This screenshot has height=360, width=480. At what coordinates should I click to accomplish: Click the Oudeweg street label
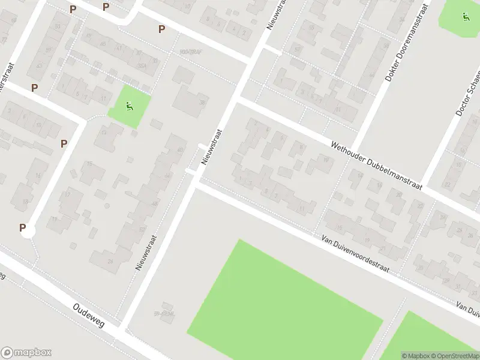(x=88, y=315)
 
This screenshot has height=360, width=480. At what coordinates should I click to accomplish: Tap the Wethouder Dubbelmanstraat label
(x=377, y=165)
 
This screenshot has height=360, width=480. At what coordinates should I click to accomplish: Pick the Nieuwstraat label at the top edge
(x=277, y=13)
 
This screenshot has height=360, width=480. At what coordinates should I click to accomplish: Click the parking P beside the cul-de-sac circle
(x=23, y=227)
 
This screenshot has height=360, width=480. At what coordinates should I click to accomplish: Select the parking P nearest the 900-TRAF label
(x=161, y=29)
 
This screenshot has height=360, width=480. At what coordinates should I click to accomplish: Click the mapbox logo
(x=26, y=353)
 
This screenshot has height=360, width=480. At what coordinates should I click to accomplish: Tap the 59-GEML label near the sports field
(x=164, y=314)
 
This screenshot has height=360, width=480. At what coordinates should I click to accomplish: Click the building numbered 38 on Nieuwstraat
(x=202, y=103)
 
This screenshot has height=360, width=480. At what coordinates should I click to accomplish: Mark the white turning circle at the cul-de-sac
(x=27, y=231)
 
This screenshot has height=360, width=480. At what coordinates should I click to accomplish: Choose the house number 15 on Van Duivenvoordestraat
(x=339, y=227)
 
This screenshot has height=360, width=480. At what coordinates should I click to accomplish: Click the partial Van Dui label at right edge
(x=469, y=307)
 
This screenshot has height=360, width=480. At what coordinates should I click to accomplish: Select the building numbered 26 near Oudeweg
(x=110, y=261)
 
